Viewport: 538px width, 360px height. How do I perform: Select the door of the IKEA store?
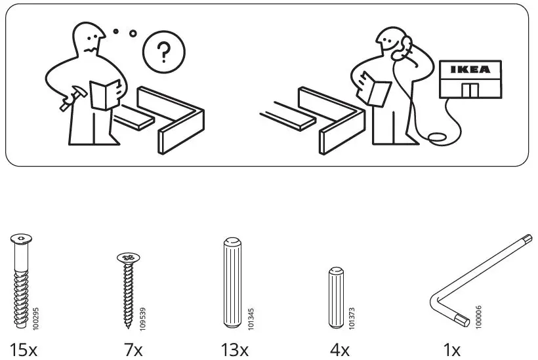tap(470, 90)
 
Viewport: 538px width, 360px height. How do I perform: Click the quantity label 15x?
tap(24, 350)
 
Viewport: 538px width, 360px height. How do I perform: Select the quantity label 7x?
tap(133, 350)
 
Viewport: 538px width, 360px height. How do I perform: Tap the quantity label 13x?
tap(234, 350)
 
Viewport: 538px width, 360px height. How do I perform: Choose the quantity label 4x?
tap(339, 350)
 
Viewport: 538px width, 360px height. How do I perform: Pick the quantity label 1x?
tap(452, 350)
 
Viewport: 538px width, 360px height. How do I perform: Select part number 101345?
tap(251, 315)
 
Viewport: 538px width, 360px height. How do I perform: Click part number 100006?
tap(478, 315)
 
